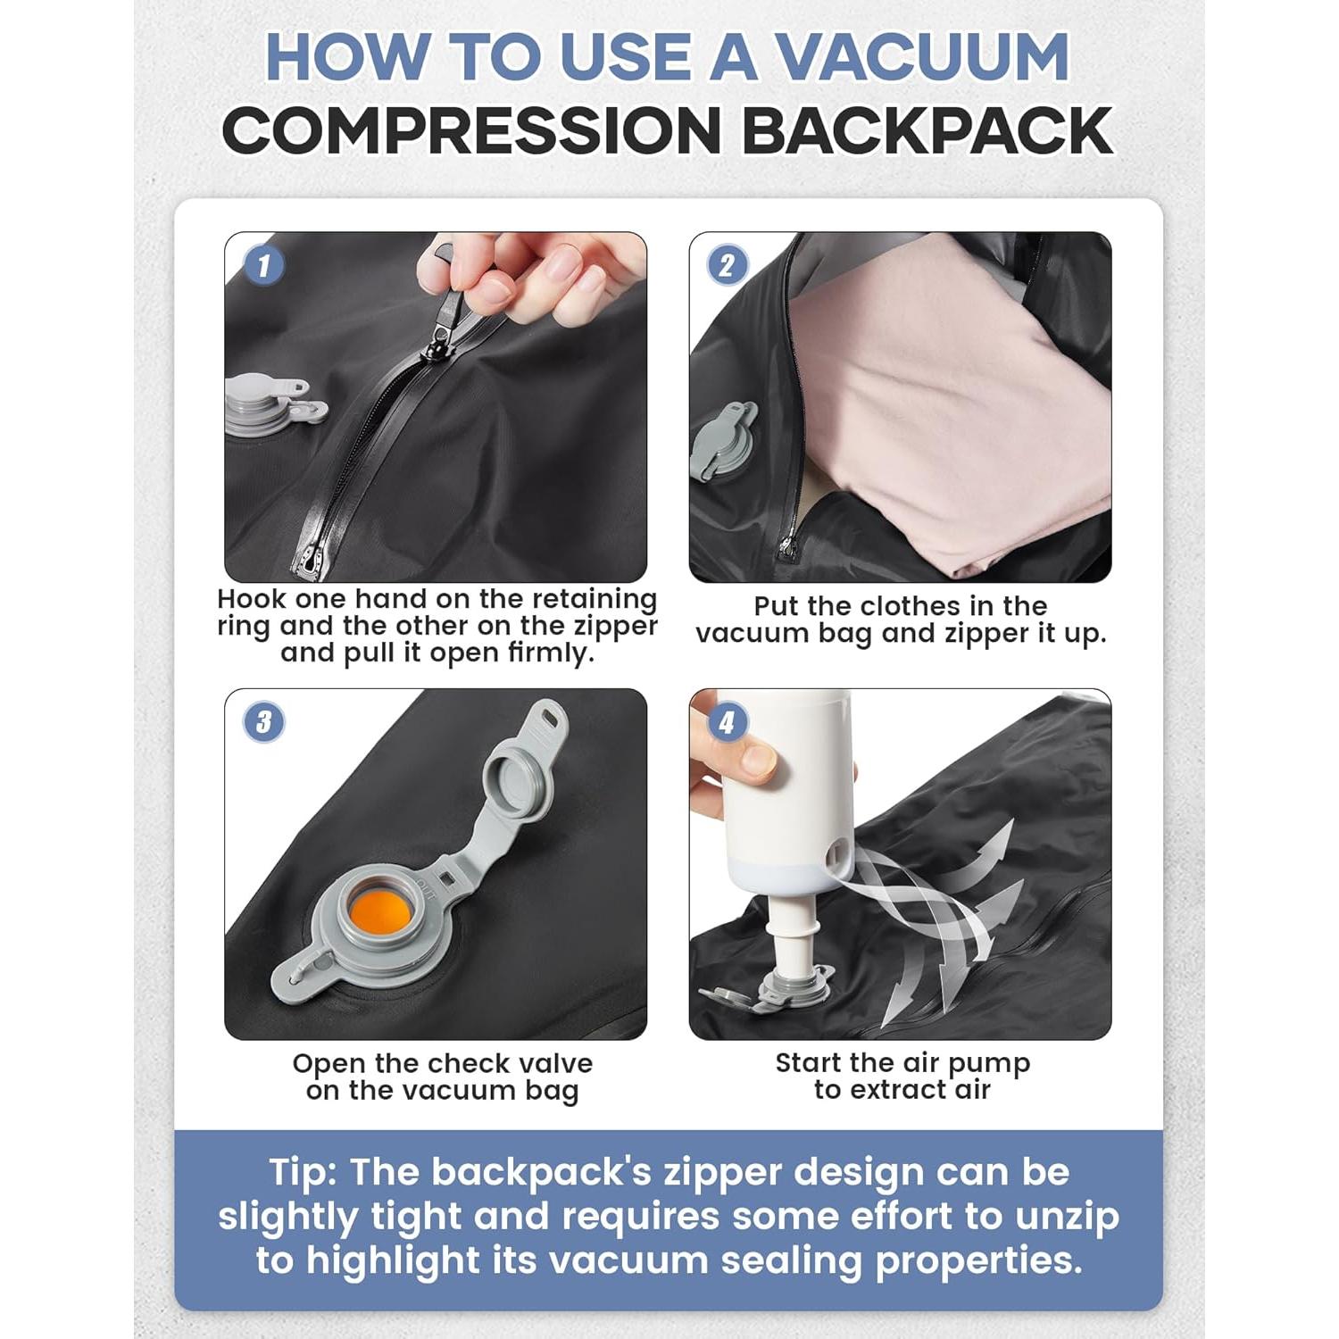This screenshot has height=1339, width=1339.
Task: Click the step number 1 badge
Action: pyautogui.click(x=264, y=265)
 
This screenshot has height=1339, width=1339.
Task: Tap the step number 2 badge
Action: pyautogui.click(x=728, y=265)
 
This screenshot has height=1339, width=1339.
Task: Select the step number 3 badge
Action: pyautogui.click(x=264, y=721)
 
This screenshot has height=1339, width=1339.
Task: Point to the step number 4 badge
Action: pyautogui.click(x=728, y=721)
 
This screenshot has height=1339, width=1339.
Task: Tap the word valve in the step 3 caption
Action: pyautogui.click(x=553, y=1064)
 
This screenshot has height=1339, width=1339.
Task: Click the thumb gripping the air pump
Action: pyautogui.click(x=754, y=759)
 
